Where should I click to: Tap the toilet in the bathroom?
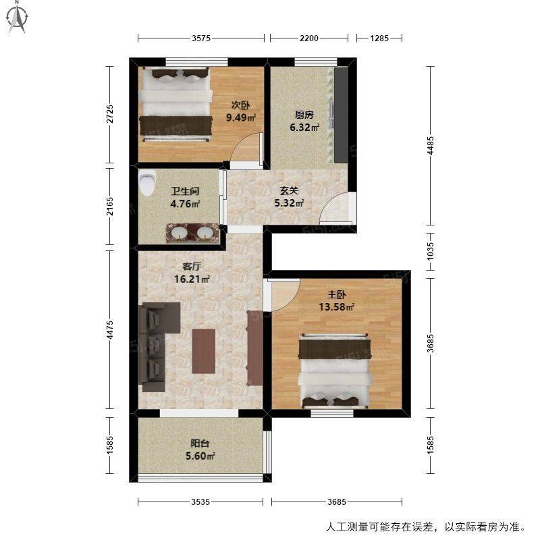147,183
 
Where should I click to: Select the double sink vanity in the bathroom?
192,232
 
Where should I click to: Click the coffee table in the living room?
204,351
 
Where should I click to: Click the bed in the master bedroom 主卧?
334,371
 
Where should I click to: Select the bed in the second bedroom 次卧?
175,105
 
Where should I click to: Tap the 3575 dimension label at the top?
201,38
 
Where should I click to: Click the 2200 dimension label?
309,38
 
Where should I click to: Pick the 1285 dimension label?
379,38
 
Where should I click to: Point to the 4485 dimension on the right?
430,146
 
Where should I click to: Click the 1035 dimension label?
430,251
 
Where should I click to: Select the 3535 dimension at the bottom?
200,502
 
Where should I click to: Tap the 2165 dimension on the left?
109,207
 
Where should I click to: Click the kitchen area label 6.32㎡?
304,128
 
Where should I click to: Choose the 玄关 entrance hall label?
289,190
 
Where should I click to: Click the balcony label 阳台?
200,443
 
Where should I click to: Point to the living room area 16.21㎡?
192,279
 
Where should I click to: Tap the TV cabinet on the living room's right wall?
255,347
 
